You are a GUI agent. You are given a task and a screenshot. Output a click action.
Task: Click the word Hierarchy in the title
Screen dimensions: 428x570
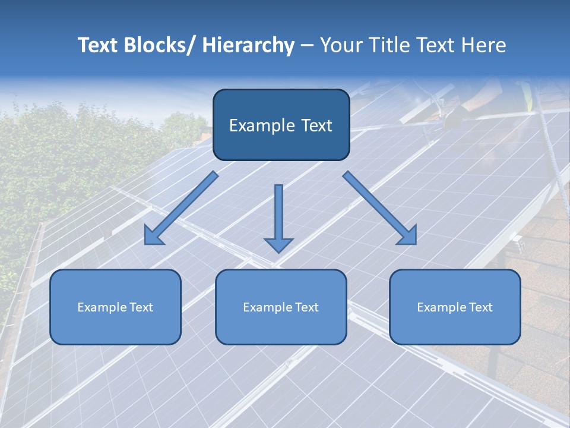pyautogui.click(x=248, y=45)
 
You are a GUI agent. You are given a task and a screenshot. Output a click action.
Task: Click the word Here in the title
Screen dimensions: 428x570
pyautogui.click(x=484, y=45)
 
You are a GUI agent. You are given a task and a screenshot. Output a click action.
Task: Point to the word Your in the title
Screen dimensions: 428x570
pyautogui.click(x=340, y=45)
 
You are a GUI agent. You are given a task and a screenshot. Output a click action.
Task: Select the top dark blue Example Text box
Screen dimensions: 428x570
pyautogui.click(x=281, y=125)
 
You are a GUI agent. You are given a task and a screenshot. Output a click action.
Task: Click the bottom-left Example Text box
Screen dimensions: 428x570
pyautogui.click(x=115, y=307)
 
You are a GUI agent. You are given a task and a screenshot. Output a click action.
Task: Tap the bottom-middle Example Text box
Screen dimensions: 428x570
pyautogui.click(x=281, y=307)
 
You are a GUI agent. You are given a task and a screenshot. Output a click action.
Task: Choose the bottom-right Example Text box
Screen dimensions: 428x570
pyautogui.click(x=455, y=307)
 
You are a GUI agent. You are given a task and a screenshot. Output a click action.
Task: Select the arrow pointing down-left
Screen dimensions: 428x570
pyautogui.click(x=181, y=208)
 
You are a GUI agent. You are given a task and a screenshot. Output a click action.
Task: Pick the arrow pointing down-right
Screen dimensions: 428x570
pyautogui.click(x=380, y=208)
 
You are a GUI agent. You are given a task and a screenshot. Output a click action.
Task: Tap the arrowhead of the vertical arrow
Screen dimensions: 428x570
pyautogui.click(x=278, y=244)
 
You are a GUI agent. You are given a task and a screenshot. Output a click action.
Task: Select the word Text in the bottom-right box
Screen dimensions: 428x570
pyautogui.click(x=480, y=307)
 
